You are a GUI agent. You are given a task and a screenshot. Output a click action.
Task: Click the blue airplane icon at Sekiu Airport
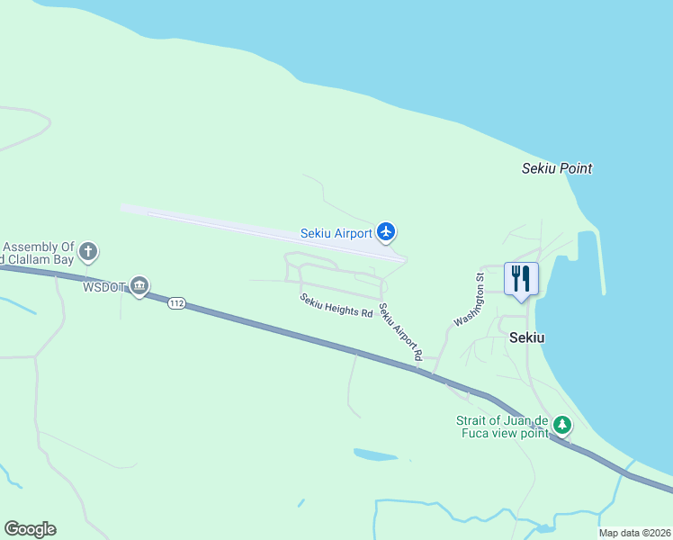coord(386,232)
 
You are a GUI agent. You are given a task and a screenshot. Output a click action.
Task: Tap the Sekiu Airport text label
coord(336,233)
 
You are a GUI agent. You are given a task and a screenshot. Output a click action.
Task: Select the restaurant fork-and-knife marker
coord(522,279)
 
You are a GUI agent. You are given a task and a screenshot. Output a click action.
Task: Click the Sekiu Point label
coord(557,168)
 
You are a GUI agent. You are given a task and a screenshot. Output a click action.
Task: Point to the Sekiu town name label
coord(526,338)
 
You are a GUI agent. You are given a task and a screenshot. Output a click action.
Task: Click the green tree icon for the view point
coord(562,424)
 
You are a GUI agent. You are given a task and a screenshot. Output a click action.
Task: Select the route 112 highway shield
coord(176,304)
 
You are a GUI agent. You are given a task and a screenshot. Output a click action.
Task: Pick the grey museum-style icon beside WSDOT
coord(139,286)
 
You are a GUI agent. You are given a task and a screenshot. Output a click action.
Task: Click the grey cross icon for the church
coord(88,251)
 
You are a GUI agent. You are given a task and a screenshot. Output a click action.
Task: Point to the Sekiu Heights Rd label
coord(336,306)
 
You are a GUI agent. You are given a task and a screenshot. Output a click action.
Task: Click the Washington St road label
coord(470,301)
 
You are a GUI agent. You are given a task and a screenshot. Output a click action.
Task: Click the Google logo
coord(30,529)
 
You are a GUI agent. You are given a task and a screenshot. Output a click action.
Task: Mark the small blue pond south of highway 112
coord(376,454)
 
